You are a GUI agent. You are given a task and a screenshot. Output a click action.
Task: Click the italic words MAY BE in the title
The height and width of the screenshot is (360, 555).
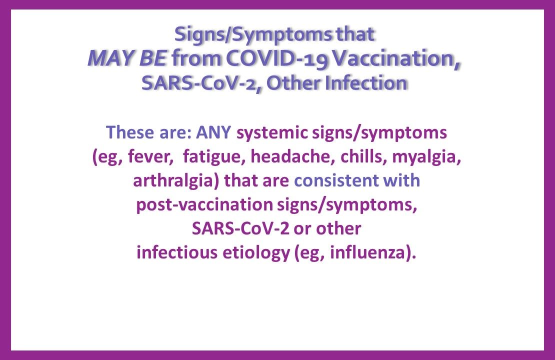127,59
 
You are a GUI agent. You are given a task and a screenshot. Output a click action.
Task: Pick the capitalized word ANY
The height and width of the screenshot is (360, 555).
214,133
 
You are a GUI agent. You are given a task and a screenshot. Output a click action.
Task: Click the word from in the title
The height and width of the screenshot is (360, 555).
196,59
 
